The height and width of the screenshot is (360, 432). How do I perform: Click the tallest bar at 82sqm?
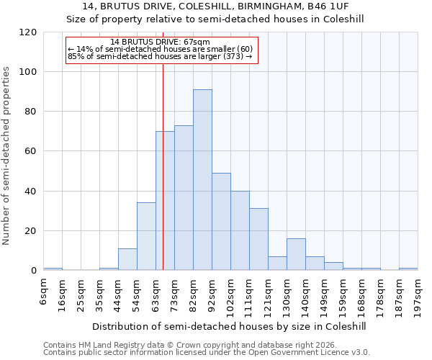(202, 180)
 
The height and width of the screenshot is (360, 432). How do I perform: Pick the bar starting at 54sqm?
(146, 237)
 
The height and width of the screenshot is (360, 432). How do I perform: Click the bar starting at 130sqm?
(296, 255)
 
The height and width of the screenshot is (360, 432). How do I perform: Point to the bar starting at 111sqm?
(258, 240)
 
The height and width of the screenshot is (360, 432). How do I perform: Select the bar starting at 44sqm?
(127, 260)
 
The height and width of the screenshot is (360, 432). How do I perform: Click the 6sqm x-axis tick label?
(43, 292)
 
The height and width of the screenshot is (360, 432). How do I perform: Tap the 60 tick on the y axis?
(31, 151)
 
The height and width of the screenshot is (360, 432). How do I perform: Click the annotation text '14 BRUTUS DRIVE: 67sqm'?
(161, 42)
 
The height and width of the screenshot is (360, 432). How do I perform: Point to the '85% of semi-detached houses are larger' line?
(160, 56)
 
